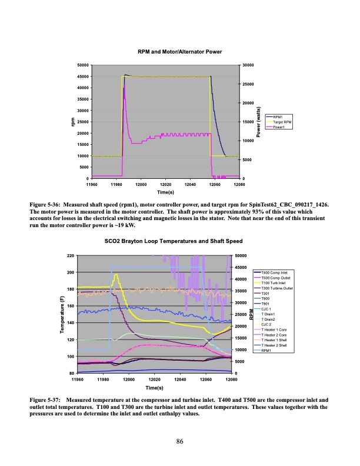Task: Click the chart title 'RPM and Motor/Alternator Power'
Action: [x=179, y=52]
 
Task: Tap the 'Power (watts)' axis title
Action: [x=258, y=122]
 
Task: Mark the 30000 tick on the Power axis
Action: [x=247, y=65]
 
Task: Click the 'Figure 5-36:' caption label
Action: [x=47, y=204]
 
